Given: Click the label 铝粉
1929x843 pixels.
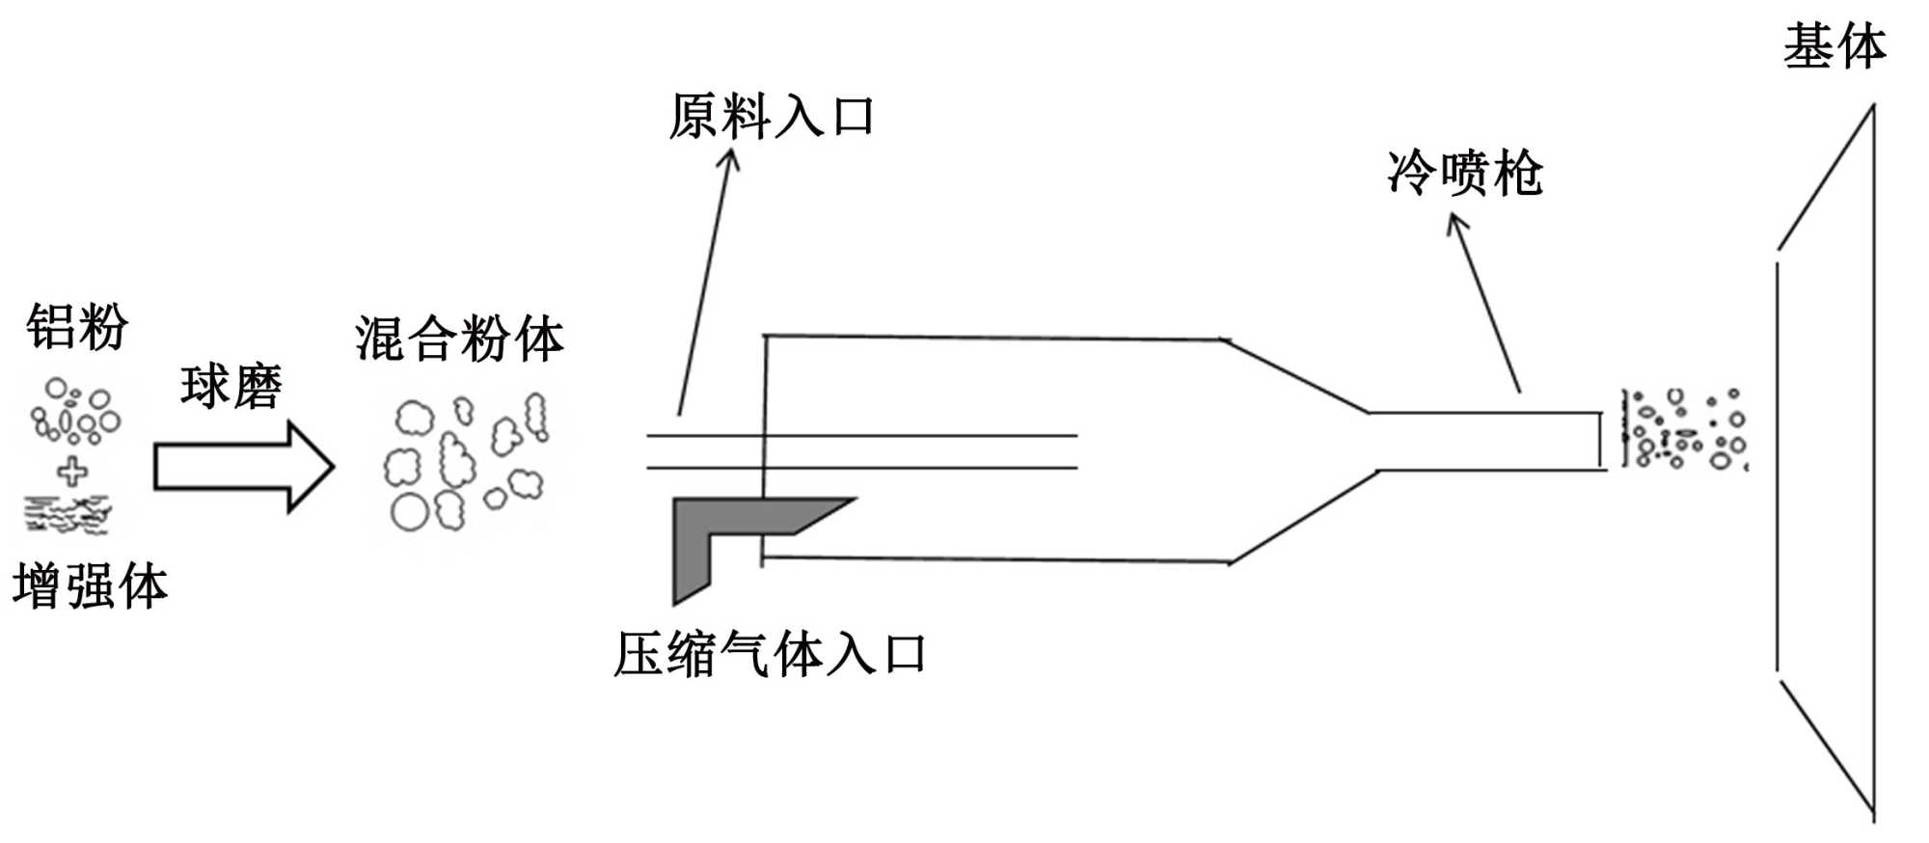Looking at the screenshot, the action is click(x=77, y=327).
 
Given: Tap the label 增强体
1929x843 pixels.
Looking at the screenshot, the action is click(x=91, y=586).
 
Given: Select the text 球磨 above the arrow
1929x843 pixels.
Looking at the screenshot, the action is click(x=231, y=387).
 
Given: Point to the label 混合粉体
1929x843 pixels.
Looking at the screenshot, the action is click(x=459, y=339).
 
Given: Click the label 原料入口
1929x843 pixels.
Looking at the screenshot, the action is click(x=771, y=117).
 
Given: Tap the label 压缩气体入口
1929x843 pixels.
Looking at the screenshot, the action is click(x=770, y=655).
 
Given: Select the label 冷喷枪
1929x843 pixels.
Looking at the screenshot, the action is click(x=1464, y=175).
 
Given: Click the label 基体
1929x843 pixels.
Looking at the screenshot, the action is click(x=1834, y=47).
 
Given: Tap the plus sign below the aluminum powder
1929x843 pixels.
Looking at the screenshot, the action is click(x=72, y=472).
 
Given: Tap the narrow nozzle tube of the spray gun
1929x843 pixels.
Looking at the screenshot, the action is click(x=1485, y=442).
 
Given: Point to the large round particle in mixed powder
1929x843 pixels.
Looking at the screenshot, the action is click(x=409, y=512).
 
